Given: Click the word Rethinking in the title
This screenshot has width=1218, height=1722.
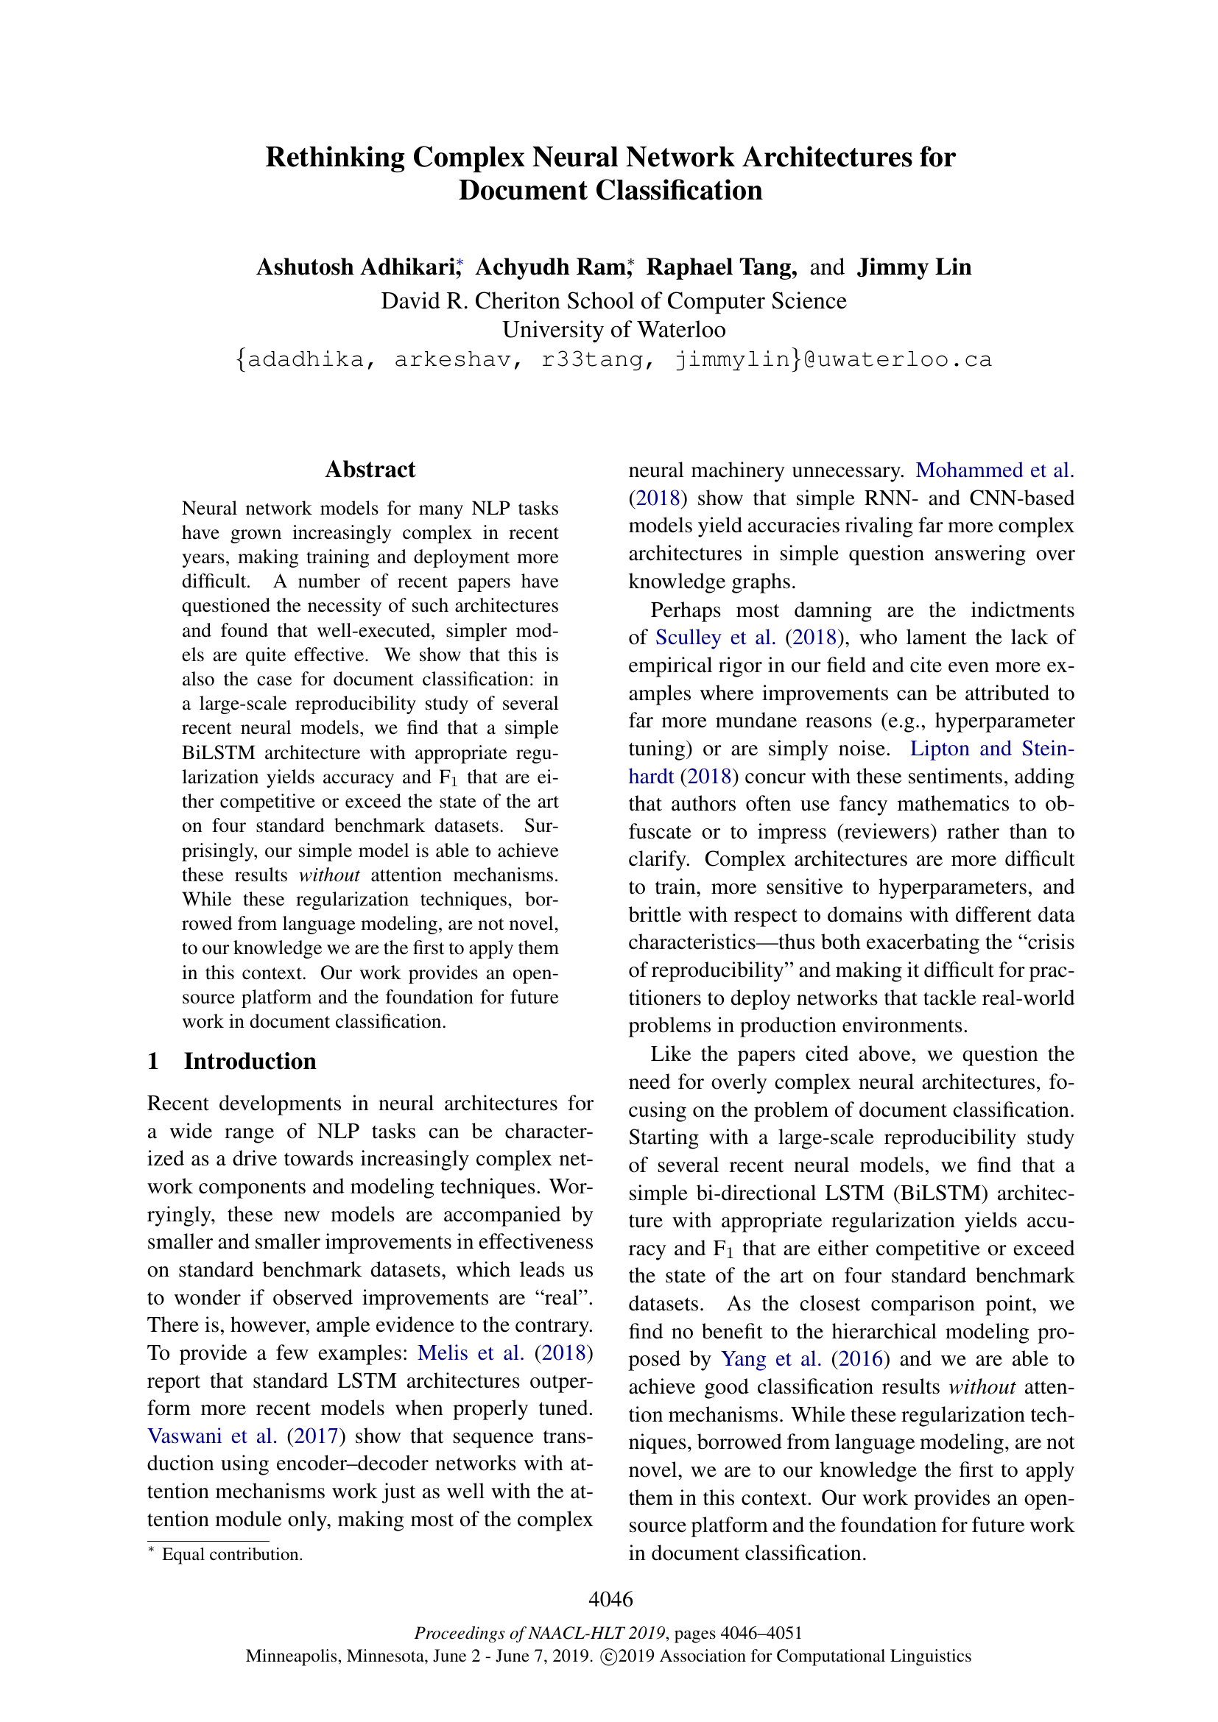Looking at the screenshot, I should click(334, 158).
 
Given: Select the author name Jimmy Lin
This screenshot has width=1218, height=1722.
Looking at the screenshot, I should click(915, 267).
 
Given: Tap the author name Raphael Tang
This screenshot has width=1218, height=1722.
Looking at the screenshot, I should click(721, 267).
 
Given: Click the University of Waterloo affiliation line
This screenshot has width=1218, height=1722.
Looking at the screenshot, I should click(613, 330).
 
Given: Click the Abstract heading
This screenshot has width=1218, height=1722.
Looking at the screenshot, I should click(370, 470).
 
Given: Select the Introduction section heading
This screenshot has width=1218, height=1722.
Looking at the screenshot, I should click(250, 1062).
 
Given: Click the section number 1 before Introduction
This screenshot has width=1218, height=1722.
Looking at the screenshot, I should click(153, 1062).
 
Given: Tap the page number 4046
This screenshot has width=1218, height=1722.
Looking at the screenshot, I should click(610, 1599).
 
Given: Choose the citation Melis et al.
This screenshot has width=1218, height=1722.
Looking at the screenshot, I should click(471, 1353).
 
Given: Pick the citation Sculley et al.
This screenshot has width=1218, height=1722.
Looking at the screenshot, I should click(715, 638).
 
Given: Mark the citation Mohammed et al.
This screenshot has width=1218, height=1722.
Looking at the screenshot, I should click(994, 470).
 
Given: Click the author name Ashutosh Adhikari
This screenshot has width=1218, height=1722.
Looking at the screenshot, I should click(356, 267).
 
